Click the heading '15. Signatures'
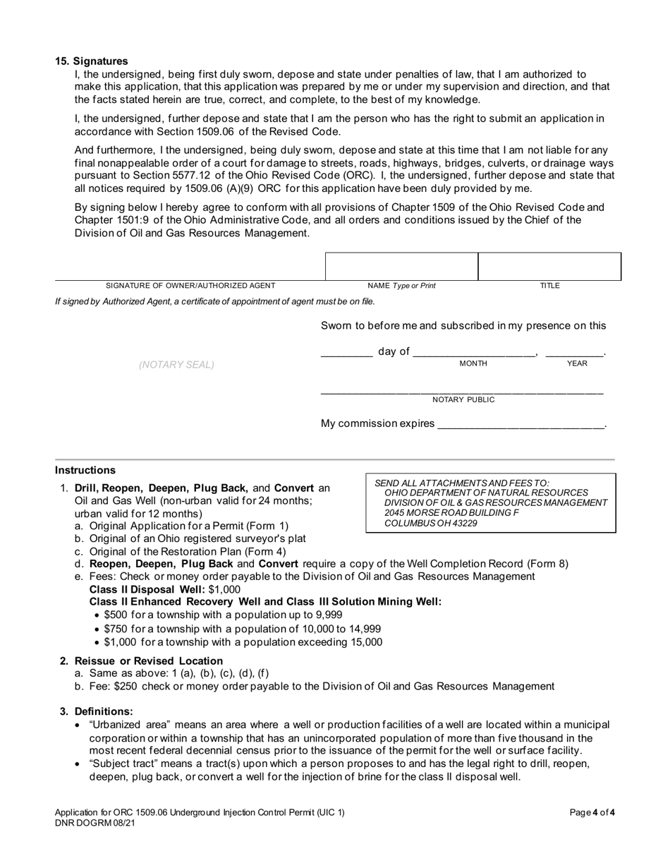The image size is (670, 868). (x=92, y=61)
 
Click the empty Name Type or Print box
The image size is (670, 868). (x=401, y=267)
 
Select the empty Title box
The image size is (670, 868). (x=549, y=267)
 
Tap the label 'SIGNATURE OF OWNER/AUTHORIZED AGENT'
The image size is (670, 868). (x=190, y=286)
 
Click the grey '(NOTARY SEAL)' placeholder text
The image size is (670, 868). (x=176, y=365)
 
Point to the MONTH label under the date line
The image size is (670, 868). (x=473, y=363)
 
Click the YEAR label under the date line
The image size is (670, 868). (x=577, y=363)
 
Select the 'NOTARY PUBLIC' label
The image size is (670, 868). (x=463, y=400)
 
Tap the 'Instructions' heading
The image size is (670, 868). (x=85, y=470)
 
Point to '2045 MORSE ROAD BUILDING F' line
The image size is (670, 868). (x=452, y=513)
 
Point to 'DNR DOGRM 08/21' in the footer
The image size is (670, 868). (x=95, y=823)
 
